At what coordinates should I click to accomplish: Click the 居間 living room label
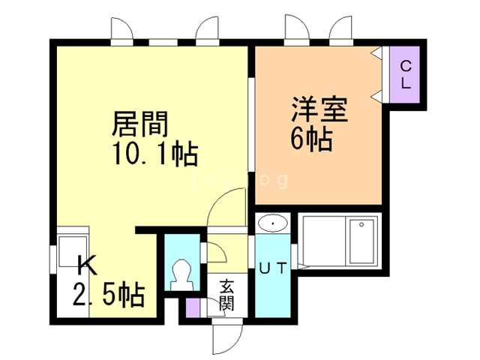pos(140,124)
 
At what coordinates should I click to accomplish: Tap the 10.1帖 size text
pos(155,153)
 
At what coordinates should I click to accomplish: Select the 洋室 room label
pos(319,109)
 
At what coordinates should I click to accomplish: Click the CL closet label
pos(406,74)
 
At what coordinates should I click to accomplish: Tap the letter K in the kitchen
pos(87,265)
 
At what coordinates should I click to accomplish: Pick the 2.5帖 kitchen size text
pos(109,294)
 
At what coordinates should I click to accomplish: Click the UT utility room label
pos(273,268)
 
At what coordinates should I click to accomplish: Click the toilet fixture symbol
pos(181,275)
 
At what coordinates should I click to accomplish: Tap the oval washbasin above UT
pos(273,223)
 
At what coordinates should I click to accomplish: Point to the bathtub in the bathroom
pos(361,241)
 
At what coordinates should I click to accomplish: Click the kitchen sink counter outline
pos(73,251)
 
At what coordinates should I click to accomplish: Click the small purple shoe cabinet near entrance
pos(193,307)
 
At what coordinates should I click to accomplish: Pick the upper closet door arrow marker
pos(376,53)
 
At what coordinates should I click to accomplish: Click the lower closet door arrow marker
pos(376,96)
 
